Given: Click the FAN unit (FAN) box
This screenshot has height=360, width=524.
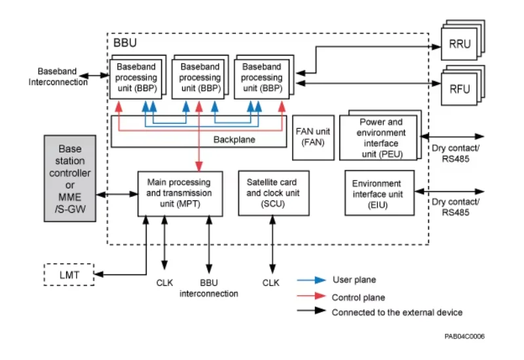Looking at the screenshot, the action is (313, 137).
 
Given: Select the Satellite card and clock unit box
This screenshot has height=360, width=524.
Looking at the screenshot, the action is (274, 193).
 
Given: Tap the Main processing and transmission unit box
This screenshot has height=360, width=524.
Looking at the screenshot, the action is (180, 194).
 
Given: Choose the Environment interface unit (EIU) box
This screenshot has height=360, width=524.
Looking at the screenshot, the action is (380, 192).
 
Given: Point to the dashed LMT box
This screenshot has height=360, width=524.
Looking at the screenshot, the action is (69, 274).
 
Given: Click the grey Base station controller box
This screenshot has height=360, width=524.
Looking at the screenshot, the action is (70, 178).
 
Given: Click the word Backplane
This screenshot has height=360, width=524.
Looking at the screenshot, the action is (234, 139).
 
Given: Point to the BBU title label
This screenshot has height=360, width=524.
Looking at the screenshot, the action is (125, 43).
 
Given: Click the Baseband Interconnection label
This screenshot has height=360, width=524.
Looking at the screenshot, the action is (58, 77).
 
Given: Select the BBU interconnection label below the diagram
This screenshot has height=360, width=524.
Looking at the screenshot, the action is (209, 288).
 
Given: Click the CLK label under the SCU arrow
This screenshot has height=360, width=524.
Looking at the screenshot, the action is (271, 283).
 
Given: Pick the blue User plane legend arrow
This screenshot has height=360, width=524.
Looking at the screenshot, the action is (312, 280).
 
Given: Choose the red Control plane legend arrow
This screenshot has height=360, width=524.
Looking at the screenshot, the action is (312, 296).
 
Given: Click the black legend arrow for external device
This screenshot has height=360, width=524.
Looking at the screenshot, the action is (312, 310).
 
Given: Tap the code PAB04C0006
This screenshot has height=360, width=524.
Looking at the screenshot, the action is (464, 336).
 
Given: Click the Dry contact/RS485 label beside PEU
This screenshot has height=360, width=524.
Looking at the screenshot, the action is (455, 153).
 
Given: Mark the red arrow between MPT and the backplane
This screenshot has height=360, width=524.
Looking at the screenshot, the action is (199, 136).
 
